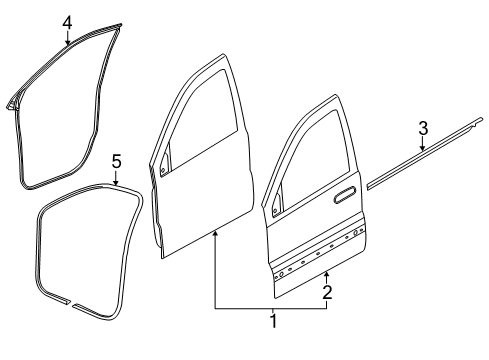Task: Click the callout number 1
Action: pos(271,322)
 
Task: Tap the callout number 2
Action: pos(326,292)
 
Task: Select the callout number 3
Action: pos(423,127)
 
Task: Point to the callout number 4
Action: pos(66,22)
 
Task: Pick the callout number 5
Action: pos(116,160)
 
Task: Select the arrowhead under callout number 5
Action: pos(116,184)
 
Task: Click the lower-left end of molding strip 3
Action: pos(370,185)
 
